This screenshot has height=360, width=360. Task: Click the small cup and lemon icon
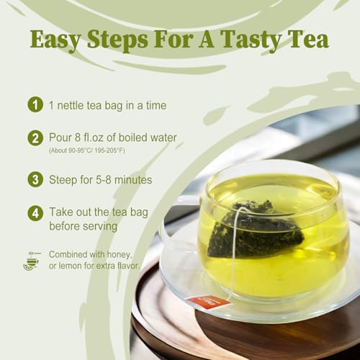[31, 261]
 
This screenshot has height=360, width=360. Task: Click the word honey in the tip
[121, 255]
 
